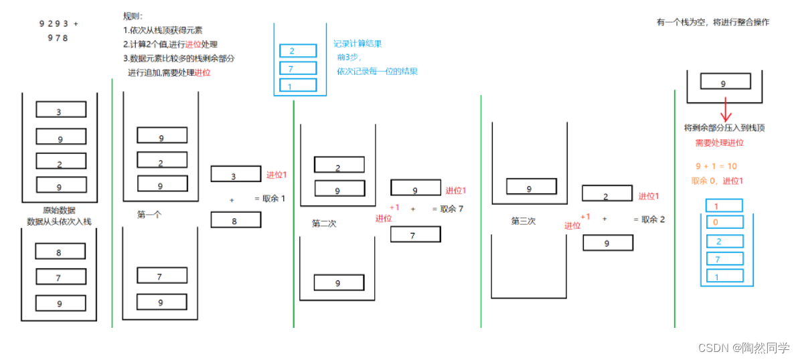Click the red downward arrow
[x=724, y=108]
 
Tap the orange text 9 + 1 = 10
[x=716, y=166]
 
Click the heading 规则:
[x=133, y=15]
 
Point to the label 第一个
[x=151, y=215]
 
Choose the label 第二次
[x=324, y=223]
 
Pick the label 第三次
[x=524, y=221]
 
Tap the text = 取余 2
[x=649, y=219]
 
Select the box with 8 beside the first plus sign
[x=235, y=220]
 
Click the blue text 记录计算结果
[x=357, y=44]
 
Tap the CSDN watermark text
[x=743, y=348]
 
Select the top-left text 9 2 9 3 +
[x=59, y=24]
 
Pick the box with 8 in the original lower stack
[x=60, y=252]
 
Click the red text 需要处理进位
[x=719, y=143]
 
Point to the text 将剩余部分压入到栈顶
[x=724, y=128]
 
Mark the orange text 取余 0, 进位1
[x=717, y=181]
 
